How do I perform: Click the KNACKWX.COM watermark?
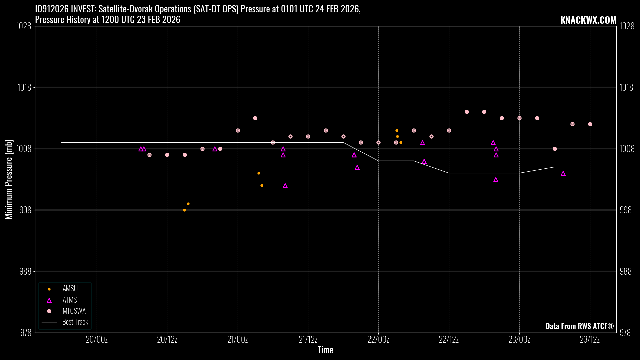[588, 20]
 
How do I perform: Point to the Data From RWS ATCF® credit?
[579, 326]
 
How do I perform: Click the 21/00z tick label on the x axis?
[238, 340]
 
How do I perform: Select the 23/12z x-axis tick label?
[590, 340]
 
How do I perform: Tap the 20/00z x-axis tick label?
[97, 340]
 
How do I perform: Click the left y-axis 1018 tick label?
[24, 87]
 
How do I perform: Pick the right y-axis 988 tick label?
[626, 271]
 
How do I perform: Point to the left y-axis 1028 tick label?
[24, 26]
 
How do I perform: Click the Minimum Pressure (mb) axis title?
[9, 179]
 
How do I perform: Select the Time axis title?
[325, 350]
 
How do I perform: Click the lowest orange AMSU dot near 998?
[184, 210]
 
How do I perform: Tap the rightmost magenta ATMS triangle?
[563, 173]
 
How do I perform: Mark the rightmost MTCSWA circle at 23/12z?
[590, 124]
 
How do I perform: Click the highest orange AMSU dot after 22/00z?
[397, 131]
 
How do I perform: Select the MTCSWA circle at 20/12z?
[167, 155]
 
